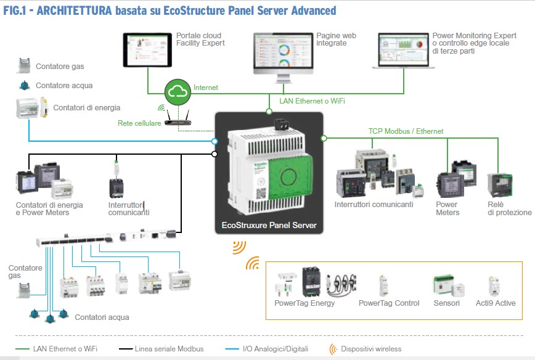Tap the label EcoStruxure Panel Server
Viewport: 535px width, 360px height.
click(x=269, y=226)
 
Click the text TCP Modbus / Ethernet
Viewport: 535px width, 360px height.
click(x=406, y=131)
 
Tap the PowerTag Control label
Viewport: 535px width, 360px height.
click(x=389, y=303)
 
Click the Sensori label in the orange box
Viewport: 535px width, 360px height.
click(x=447, y=303)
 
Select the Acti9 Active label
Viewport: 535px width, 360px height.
click(x=496, y=303)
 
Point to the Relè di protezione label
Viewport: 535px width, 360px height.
click(x=509, y=208)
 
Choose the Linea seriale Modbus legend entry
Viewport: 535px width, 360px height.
click(x=169, y=349)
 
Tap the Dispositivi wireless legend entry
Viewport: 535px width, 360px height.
click(x=370, y=349)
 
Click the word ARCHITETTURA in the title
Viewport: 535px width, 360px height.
click(x=74, y=10)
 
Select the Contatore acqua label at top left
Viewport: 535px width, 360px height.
click(x=60, y=86)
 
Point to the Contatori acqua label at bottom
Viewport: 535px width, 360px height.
click(x=102, y=317)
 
